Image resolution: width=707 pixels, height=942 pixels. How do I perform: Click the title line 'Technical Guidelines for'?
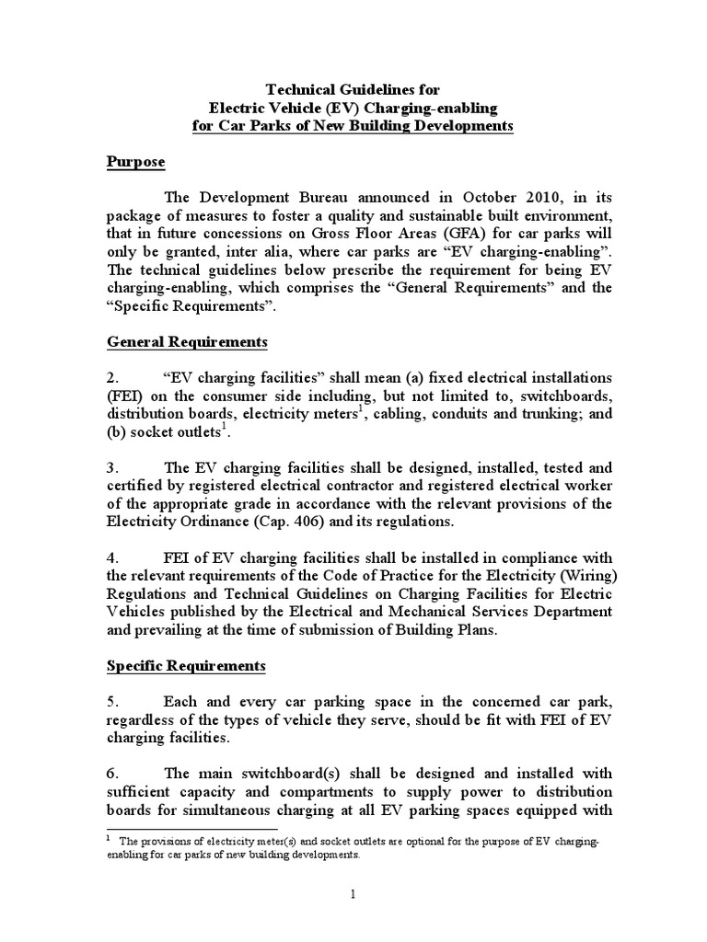pyautogui.click(x=353, y=90)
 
